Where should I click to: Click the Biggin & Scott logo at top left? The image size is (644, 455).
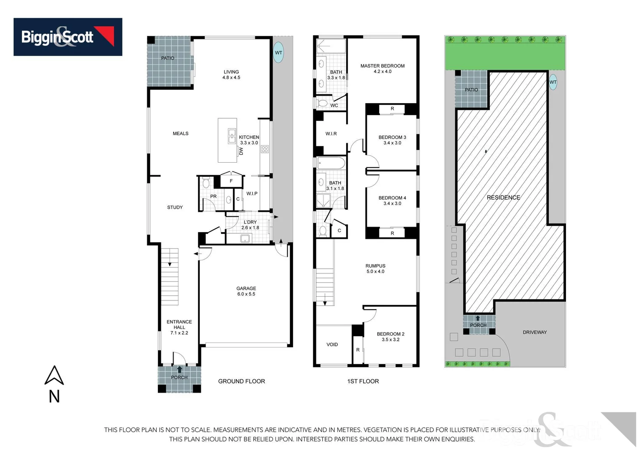68,37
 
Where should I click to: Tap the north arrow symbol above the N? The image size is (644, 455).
54,376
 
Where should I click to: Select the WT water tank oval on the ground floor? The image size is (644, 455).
278,53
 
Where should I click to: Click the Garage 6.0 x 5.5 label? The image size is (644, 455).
246,291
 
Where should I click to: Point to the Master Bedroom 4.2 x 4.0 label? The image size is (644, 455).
382,68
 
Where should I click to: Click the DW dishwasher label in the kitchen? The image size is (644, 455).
241,151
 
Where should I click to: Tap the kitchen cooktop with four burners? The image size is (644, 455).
265,149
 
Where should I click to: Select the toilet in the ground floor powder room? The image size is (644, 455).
206,183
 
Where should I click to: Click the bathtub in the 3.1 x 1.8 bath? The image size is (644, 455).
331,163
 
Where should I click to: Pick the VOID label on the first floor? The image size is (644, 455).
332,344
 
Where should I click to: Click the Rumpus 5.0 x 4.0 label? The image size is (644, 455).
375,268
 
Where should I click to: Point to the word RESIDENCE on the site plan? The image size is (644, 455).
503,197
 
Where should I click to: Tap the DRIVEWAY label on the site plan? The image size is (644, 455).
534,332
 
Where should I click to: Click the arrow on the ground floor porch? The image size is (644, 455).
180,369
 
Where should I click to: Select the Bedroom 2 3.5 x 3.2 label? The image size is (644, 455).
390,336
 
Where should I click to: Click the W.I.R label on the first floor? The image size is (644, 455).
331,134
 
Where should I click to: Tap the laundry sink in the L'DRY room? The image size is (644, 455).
245,239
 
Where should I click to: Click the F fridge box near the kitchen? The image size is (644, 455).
231,181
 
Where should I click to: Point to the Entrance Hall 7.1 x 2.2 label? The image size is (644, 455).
179,327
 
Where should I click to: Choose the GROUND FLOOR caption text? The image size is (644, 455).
241,381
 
